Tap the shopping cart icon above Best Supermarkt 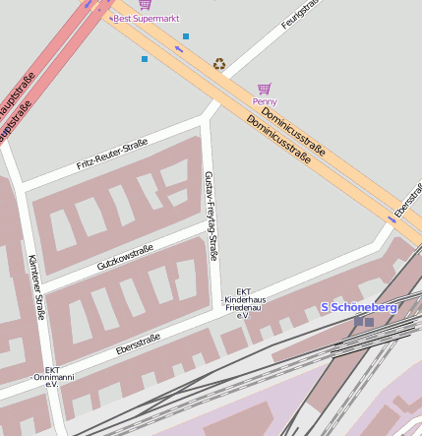point(146,5)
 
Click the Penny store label point(265,101)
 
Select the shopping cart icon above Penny point(264,89)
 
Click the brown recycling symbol point(218,65)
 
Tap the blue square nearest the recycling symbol point(185,36)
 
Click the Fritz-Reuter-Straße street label point(112,155)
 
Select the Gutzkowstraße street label point(125,258)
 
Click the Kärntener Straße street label point(36,287)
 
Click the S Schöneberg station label point(358,307)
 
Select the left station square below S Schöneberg point(358,321)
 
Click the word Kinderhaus point(245,299)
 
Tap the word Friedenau point(245,307)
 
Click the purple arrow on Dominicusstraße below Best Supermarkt point(180,48)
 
